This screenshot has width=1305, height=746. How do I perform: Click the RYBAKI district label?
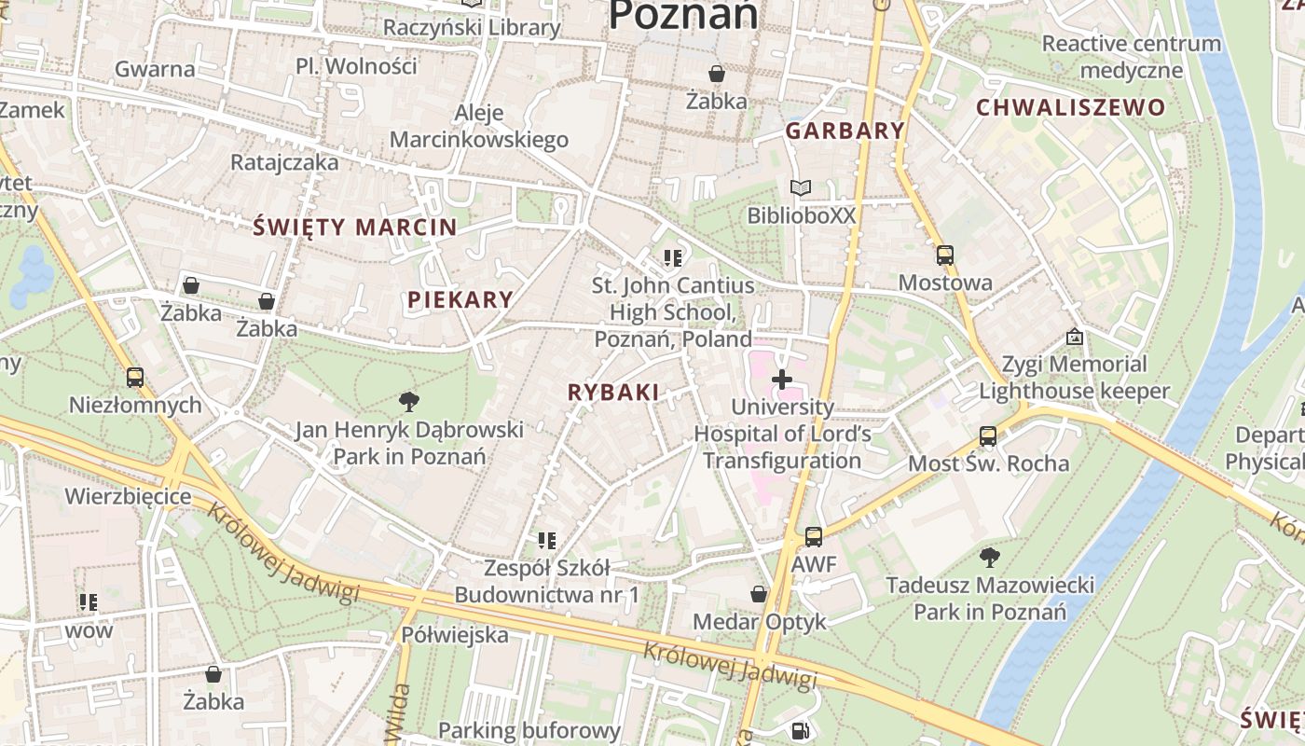tap(613, 393)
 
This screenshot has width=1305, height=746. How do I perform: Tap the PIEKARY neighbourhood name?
tap(460, 299)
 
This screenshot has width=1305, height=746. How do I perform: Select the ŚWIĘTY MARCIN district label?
tap(355, 227)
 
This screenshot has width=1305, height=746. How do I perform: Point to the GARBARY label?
tap(845, 131)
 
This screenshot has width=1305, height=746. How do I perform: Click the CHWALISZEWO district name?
tap(1071, 107)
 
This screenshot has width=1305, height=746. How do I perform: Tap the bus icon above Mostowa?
tap(945, 255)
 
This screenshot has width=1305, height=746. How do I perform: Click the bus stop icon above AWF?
tap(814, 536)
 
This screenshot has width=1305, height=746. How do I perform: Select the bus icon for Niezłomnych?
tap(135, 377)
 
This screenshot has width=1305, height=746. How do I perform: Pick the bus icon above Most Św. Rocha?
tap(988, 435)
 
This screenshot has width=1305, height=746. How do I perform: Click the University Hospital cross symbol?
tap(782, 380)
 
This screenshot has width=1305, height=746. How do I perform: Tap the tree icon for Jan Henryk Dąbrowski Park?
tap(408, 402)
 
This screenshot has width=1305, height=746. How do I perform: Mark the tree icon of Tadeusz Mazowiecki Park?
tap(990, 558)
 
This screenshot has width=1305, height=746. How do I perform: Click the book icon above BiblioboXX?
tap(801, 187)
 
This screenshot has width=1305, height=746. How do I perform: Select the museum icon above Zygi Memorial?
tap(1074, 337)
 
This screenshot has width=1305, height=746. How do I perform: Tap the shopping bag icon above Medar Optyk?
tap(760, 594)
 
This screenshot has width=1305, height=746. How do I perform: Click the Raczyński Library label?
tap(472, 27)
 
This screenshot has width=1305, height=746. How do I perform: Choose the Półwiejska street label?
tap(455, 635)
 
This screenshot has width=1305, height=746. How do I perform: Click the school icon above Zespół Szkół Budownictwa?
tap(547, 540)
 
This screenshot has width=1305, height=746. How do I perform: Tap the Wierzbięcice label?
tap(128, 495)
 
